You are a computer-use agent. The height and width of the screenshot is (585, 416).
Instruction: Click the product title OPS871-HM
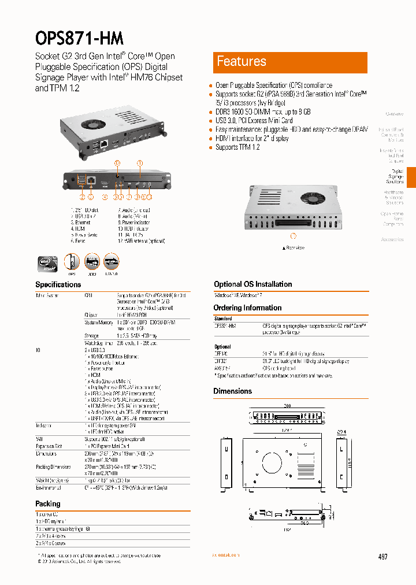79,38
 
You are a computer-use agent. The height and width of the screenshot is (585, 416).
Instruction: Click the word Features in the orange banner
241,62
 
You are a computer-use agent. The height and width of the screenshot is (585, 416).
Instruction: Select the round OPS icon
72,262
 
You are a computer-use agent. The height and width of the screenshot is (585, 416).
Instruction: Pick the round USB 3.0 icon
111,262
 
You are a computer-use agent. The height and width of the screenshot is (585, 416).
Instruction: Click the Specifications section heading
58,284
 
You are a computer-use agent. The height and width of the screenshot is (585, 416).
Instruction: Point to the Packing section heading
48,503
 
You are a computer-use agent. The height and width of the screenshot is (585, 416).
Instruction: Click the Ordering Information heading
247,308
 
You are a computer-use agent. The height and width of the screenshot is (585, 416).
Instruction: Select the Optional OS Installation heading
252,284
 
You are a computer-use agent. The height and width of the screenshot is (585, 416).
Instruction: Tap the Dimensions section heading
232,391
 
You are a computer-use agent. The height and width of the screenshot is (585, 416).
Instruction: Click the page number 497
382,557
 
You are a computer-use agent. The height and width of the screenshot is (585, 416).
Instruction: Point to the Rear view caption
293,247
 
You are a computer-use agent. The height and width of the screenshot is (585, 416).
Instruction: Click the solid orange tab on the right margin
411,177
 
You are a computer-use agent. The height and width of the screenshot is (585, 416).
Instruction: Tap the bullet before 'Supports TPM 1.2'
211,148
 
